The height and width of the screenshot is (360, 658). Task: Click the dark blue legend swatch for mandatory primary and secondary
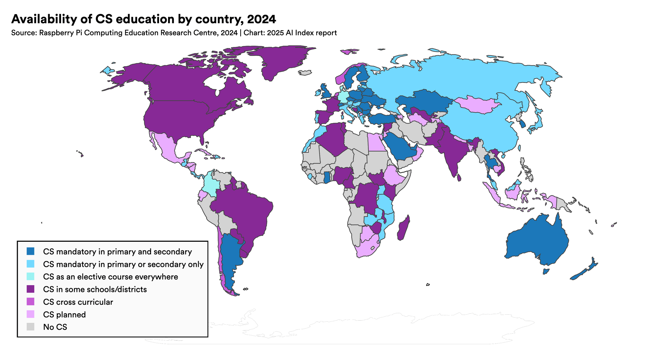tap(31, 251)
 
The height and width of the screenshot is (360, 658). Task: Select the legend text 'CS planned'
tap(64, 314)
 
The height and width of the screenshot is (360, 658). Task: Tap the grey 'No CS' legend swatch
tap(31, 327)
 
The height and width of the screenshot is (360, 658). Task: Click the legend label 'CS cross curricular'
tap(78, 302)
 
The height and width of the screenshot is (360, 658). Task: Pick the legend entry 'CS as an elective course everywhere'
tap(110, 277)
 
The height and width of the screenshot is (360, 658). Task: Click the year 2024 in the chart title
tap(261, 19)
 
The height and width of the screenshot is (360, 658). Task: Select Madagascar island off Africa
tap(404, 228)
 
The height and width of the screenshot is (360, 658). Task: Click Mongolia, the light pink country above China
tap(477, 104)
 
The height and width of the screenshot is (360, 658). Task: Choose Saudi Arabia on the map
tap(400, 146)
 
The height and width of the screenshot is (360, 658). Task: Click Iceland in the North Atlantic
tap(305, 73)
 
